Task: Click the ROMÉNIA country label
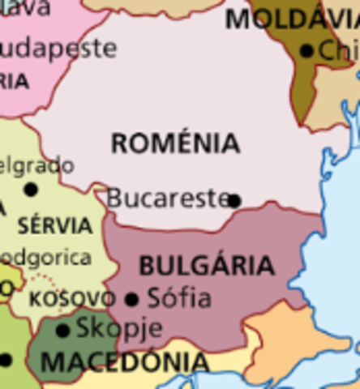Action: click(x=175, y=143)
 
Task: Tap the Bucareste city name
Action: click(x=167, y=197)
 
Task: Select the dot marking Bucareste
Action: click(x=234, y=200)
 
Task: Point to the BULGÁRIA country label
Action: click(x=207, y=266)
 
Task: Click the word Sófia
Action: click(x=179, y=298)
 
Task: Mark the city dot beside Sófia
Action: click(x=132, y=299)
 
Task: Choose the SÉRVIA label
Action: click(x=54, y=224)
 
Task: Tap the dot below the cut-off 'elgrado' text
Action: click(x=31, y=190)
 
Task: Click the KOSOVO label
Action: click(x=71, y=298)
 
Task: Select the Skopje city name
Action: click(x=119, y=328)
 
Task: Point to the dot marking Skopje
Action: click(x=62, y=331)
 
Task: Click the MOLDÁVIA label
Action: click(x=292, y=19)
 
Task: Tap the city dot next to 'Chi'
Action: click(x=306, y=51)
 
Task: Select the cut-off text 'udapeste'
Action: click(x=58, y=49)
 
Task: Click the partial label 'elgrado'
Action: click(x=37, y=165)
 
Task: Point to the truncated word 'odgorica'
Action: click(x=45, y=258)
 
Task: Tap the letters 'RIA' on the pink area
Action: click(x=14, y=81)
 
